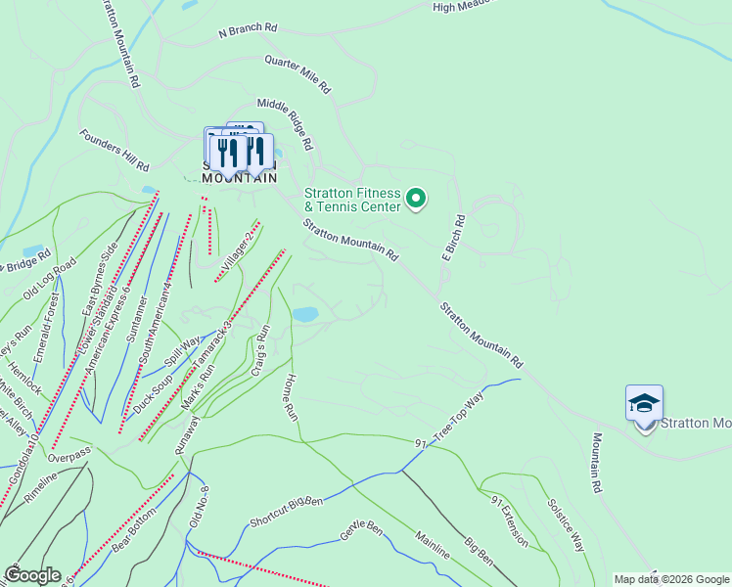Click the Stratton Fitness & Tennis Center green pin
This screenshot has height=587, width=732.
[x=416, y=200]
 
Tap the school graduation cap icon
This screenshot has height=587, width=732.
[x=644, y=403]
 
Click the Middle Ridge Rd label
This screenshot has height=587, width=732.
[x=285, y=123]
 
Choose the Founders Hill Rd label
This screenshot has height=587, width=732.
[x=114, y=151]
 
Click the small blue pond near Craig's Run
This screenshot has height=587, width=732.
[x=305, y=314]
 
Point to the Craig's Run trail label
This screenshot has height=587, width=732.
[x=261, y=358]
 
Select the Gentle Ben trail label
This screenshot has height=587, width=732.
[x=360, y=528]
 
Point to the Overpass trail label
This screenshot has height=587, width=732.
[x=69, y=457]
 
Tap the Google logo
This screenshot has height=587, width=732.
[x=31, y=575]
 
